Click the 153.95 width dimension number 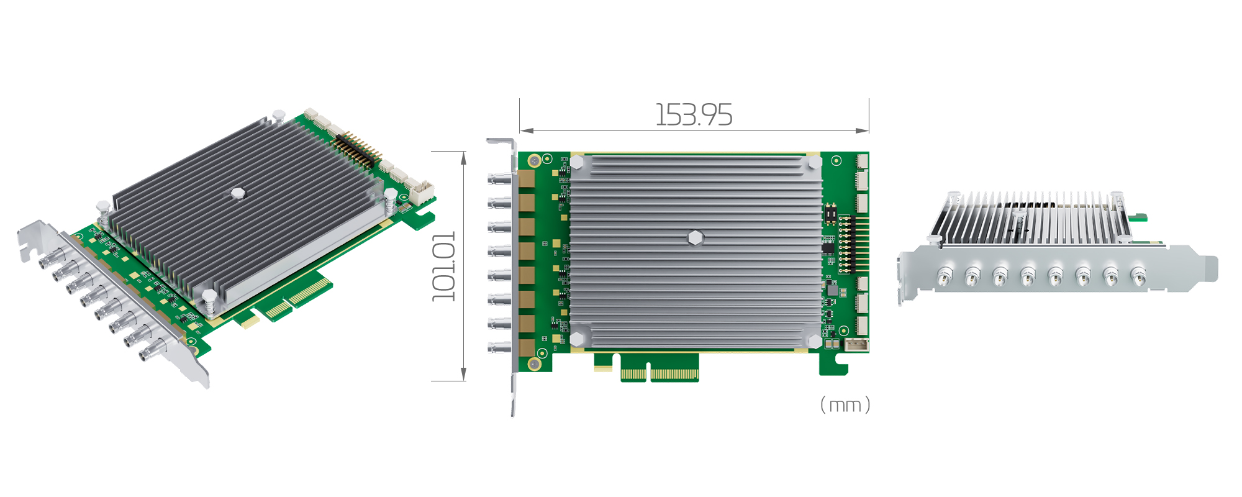tap(694, 115)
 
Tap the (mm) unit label tap(845, 405)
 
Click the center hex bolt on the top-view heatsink tap(696, 237)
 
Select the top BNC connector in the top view tap(499, 180)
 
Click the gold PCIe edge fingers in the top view tap(660, 374)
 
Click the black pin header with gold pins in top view tap(845, 244)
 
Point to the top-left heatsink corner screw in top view tap(577, 162)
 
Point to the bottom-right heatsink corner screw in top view tap(815, 340)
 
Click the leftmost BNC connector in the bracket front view tap(945, 276)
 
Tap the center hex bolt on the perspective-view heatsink tap(237, 193)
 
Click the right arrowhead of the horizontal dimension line tap(863, 130)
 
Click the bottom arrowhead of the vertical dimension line tap(463, 374)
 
